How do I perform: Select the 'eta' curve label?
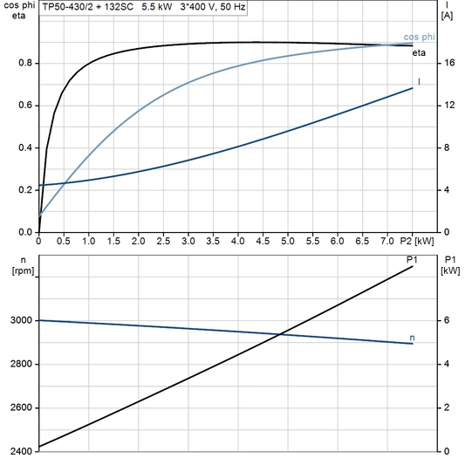(420, 53)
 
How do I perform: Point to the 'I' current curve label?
(420, 82)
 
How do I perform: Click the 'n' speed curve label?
(412, 337)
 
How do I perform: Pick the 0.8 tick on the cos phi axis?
(25, 63)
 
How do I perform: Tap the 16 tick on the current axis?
(448, 63)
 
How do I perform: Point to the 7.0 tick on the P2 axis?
(387, 240)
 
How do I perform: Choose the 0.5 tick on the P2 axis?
(64, 240)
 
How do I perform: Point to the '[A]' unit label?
(448, 16)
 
